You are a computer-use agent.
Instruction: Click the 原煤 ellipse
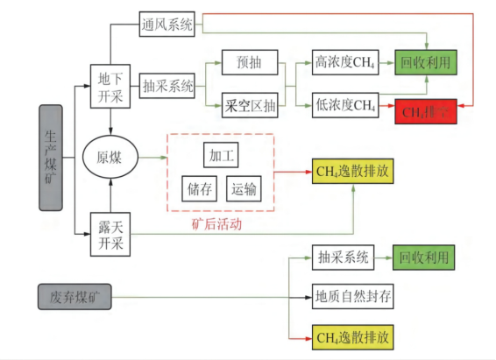pyautogui.click(x=110, y=158)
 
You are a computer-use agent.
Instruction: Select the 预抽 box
pyautogui.click(x=250, y=62)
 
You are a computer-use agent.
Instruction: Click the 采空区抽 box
pyautogui.click(x=250, y=108)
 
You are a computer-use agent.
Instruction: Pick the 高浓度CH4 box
pyautogui.click(x=344, y=62)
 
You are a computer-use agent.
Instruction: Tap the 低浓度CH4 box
pyautogui.click(x=344, y=108)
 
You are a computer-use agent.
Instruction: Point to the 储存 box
pyautogui.click(x=197, y=187)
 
